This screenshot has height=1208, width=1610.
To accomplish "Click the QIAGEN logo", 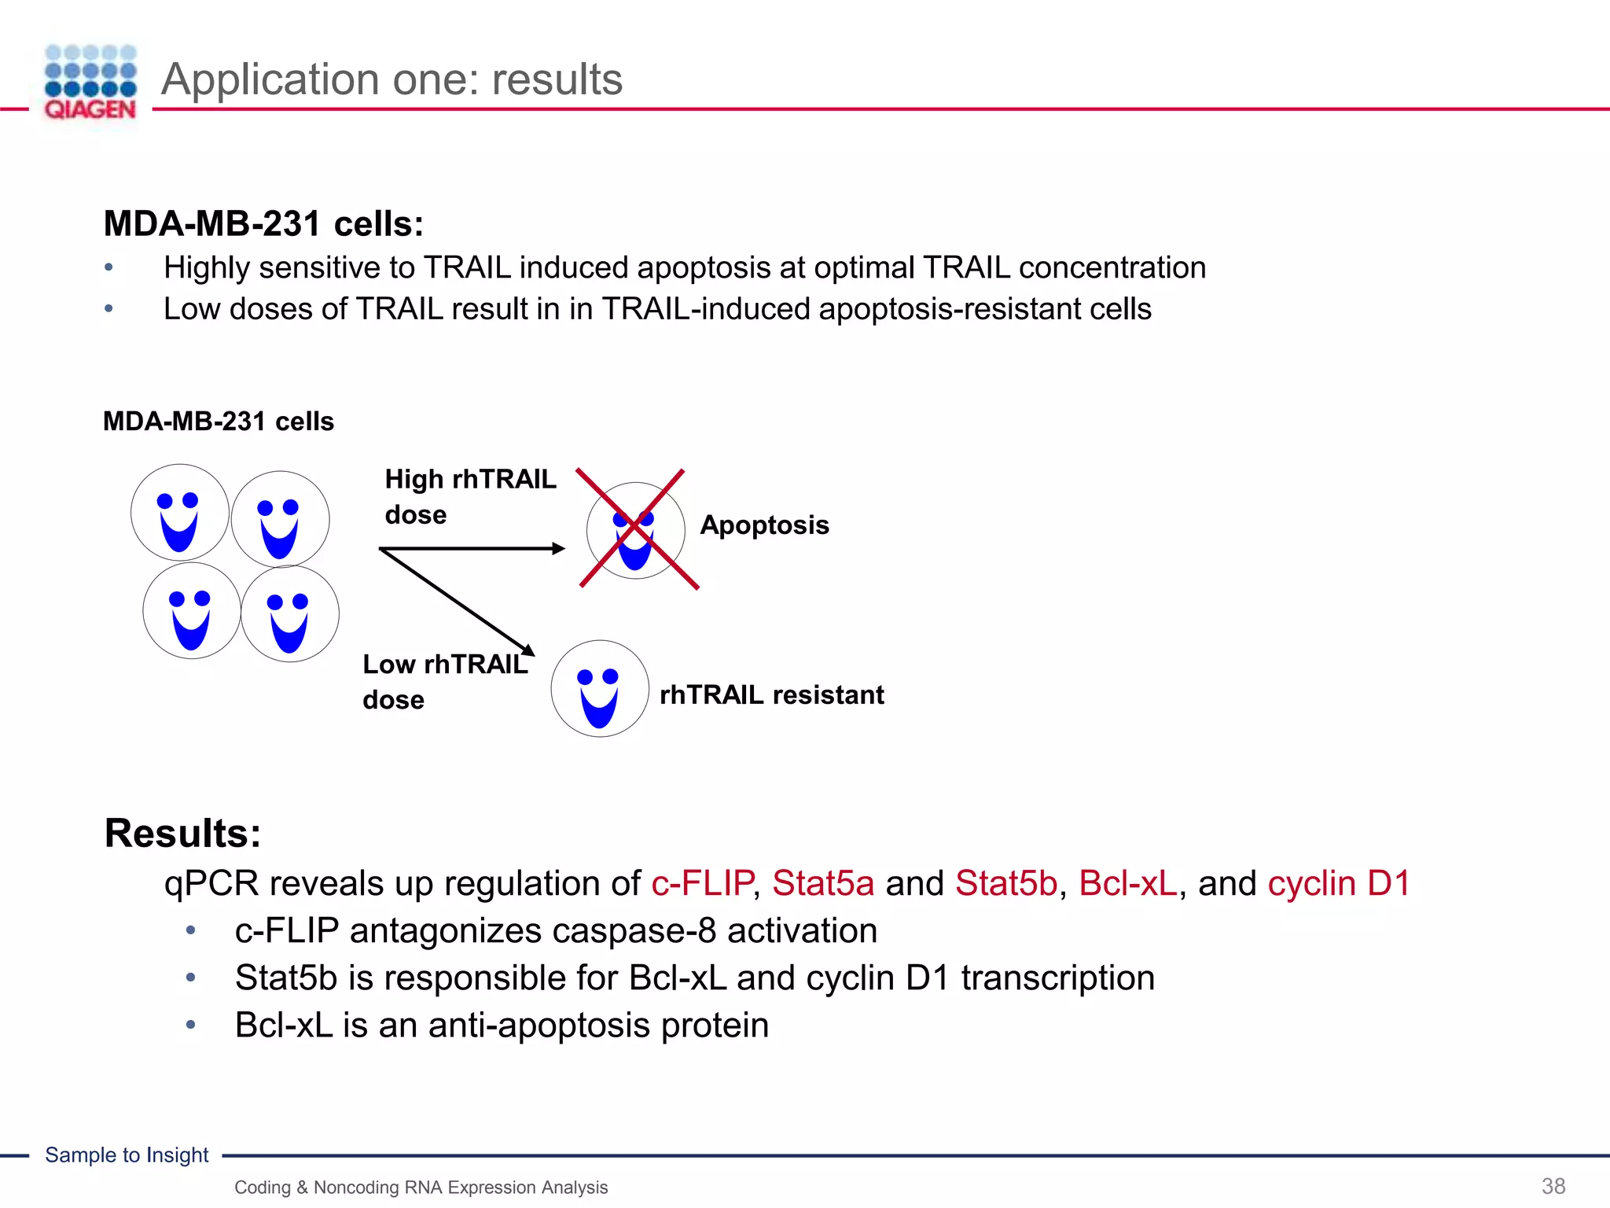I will tap(90, 83).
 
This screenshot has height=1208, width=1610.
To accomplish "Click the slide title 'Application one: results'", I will tap(391, 79).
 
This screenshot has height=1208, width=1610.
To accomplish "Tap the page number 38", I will tap(1553, 1186).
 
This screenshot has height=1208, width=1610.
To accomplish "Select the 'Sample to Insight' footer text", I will tap(127, 1155).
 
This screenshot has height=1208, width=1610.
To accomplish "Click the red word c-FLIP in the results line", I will tap(702, 883).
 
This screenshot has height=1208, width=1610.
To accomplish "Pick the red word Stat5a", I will tap(822, 883).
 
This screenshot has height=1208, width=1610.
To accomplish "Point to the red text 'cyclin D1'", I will tap(1338, 883).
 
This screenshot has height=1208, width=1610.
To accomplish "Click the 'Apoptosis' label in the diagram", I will tap(764, 525).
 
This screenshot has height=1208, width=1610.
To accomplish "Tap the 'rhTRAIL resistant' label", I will tap(771, 695).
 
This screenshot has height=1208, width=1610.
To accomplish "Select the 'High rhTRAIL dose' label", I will tap(469, 496).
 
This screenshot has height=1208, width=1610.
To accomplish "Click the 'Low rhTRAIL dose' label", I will tap(444, 681).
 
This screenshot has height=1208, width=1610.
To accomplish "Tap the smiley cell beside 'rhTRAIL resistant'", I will tap(600, 689).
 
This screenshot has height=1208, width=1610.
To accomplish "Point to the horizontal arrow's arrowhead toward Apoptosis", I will tap(559, 548).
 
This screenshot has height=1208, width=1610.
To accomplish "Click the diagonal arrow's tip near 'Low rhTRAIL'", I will tap(530, 651).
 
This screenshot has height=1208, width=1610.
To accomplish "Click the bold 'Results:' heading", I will tap(182, 833).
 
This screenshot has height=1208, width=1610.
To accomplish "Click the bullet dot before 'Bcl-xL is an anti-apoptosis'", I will tap(190, 1025).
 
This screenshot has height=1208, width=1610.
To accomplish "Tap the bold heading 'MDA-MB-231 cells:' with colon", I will tap(263, 223).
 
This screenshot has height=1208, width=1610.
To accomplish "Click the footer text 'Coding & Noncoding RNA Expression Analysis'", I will tap(421, 1187).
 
